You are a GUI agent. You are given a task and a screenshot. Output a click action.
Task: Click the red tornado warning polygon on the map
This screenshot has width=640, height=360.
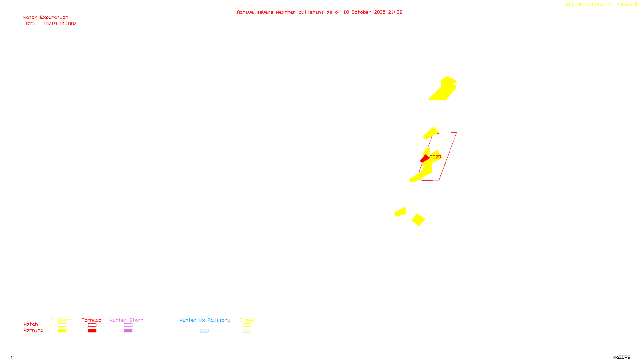[424, 159]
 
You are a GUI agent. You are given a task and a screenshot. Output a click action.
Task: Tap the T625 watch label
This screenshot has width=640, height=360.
[436, 157]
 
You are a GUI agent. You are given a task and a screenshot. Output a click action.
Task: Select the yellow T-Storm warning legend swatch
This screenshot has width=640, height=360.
[62, 331]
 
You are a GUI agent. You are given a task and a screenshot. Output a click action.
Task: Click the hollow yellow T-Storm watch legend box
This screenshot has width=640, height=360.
[62, 325]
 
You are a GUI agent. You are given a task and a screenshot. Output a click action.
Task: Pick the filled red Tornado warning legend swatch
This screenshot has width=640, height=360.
[92, 331]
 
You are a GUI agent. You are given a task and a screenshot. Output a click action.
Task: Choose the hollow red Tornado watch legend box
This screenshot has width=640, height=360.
[92, 325]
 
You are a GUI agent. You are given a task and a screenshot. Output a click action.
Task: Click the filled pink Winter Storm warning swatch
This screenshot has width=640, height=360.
[128, 331]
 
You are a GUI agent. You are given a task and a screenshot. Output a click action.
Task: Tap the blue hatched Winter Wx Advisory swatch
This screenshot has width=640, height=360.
[204, 331]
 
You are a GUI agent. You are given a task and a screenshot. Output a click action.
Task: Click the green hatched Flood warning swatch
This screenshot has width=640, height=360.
[247, 331]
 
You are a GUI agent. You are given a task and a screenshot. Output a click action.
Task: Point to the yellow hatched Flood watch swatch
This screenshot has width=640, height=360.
[247, 325]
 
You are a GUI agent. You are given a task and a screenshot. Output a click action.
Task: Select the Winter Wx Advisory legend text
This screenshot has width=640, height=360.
[205, 320]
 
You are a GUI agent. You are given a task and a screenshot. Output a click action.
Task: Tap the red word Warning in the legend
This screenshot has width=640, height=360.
[33, 330]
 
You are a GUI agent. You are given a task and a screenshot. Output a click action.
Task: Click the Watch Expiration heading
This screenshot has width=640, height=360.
[46, 18]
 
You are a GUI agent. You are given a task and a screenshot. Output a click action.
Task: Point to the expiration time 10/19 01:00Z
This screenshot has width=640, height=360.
[60, 24]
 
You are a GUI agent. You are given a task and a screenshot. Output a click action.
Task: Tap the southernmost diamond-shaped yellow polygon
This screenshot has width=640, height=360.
[418, 220]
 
